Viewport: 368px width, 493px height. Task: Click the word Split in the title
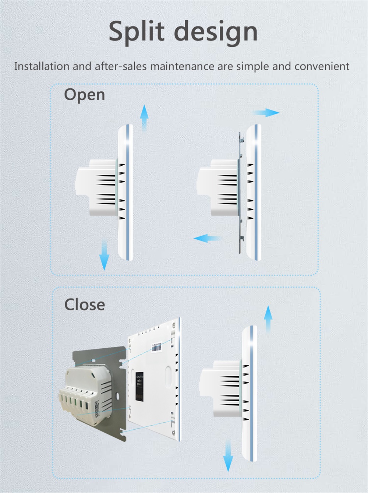137,32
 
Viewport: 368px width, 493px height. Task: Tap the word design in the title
216,32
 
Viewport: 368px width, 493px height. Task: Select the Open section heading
84,95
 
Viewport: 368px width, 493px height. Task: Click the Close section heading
85,305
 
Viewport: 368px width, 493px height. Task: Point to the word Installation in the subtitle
42,66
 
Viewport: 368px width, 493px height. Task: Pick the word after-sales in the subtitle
121,66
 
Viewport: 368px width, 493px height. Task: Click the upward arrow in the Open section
144,117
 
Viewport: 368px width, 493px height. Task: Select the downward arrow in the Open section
104,255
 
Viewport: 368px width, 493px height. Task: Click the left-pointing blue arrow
207,238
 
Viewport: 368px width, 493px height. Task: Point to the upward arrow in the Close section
268,319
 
